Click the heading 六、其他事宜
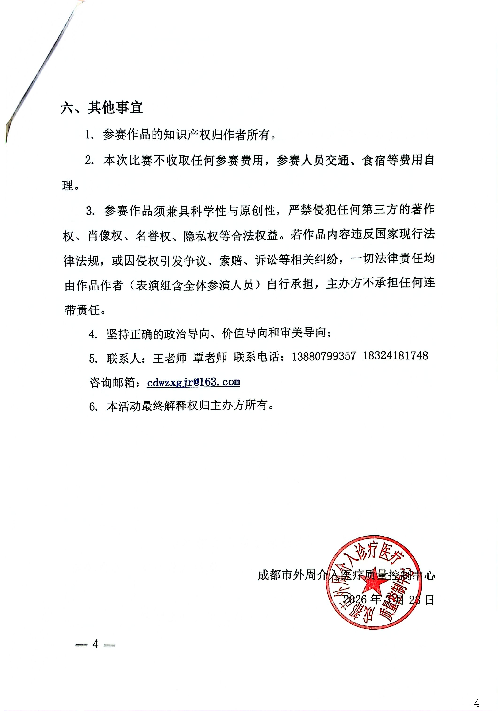click(x=101, y=108)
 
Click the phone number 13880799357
click(x=323, y=356)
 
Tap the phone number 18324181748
click(x=395, y=356)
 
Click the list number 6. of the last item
click(x=93, y=407)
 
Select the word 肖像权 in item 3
click(x=105, y=236)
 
